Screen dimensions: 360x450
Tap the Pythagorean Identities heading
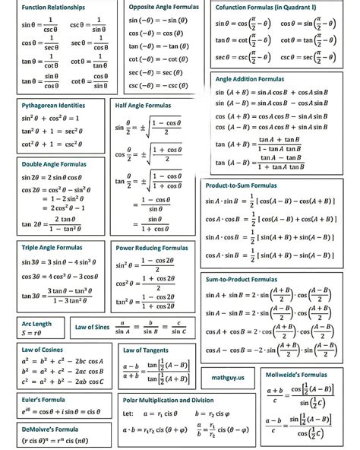click(53, 106)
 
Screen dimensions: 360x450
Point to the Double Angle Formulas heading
click(53, 164)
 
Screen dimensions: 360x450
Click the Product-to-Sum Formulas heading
click(242, 185)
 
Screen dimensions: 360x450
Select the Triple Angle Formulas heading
click(51, 248)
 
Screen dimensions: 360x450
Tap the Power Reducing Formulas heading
click(152, 248)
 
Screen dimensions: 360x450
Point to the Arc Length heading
click(37, 323)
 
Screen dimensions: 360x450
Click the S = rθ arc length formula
click(32, 333)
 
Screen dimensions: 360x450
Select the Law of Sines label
click(92, 328)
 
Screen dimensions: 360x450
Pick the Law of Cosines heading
click(42, 349)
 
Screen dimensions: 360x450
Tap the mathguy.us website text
click(227, 377)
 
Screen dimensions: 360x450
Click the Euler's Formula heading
click(43, 399)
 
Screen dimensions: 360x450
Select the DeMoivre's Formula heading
click(49, 429)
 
